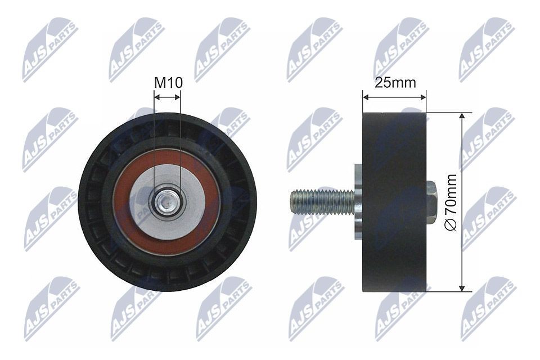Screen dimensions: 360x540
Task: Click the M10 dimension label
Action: pyautogui.click(x=168, y=83)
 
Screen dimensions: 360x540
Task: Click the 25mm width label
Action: pyautogui.click(x=395, y=83)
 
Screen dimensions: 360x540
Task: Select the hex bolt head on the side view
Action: pyautogui.click(x=432, y=202)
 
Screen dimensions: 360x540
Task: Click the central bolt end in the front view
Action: pyautogui.click(x=167, y=202)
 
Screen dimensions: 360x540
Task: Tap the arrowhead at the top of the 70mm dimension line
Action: pyautogui.click(x=462, y=116)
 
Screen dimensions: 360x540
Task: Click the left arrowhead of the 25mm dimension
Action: pyautogui.click(x=366, y=96)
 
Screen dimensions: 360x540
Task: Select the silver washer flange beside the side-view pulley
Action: pyautogui.click(x=358, y=202)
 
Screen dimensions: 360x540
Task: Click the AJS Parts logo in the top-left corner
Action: pyautogui.click(x=50, y=49)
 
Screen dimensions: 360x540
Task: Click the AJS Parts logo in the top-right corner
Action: pyautogui.click(x=487, y=49)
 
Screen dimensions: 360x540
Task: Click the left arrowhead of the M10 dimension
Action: pyautogui.click(x=156, y=96)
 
